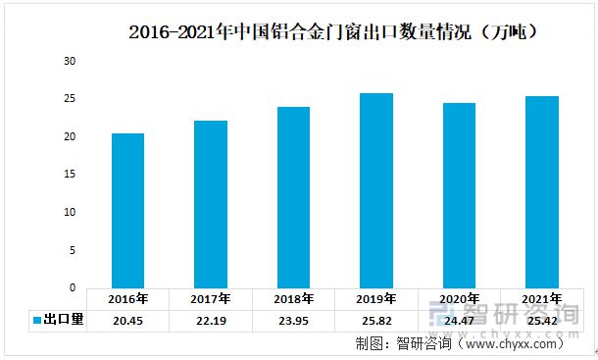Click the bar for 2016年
(x=127, y=211)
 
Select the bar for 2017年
(x=211, y=204)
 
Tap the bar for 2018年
(x=293, y=197)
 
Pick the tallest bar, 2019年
(x=376, y=190)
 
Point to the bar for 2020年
(x=459, y=195)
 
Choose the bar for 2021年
(x=541, y=192)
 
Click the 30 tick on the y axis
(x=70, y=62)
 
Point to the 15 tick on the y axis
(x=70, y=175)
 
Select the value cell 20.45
(x=128, y=321)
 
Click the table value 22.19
(x=211, y=321)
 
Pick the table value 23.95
(x=293, y=321)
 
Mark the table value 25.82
(x=376, y=321)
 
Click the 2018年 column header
(x=293, y=299)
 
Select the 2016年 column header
(x=128, y=299)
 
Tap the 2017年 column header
(x=211, y=299)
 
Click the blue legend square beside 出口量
(x=36, y=321)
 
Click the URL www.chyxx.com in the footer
(x=512, y=343)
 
